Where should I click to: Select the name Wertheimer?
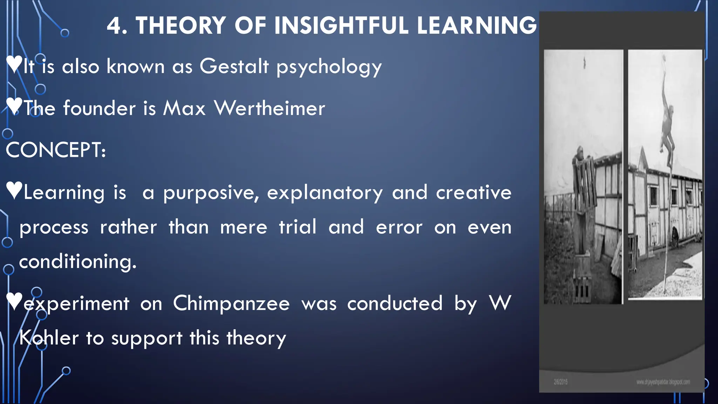pos(270,108)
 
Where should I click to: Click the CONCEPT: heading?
pos(56,150)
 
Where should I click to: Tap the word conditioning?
pos(77,262)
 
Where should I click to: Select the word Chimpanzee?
pos(231,303)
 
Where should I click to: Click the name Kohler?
pos(49,338)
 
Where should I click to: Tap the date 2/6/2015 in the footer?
pos(561,382)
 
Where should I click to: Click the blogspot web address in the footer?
pos(663,382)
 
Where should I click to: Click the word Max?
pos(184,108)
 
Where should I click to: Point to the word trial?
pos(298,227)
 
